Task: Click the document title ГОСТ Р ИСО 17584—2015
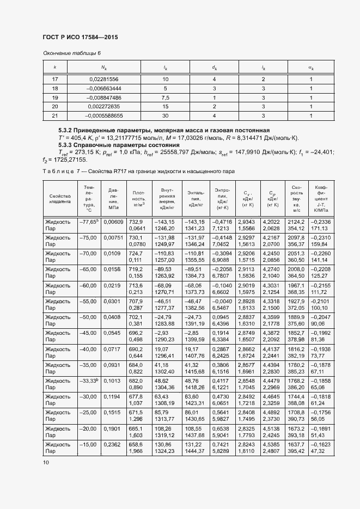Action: (x=80, y=37)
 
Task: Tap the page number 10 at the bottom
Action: (x=46, y=462)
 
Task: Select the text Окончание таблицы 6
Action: (x=72, y=53)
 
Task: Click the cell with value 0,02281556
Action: (x=103, y=79)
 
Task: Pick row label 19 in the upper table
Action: (x=55, y=97)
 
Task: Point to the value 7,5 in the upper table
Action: (x=166, y=97)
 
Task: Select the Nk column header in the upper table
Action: (x=103, y=68)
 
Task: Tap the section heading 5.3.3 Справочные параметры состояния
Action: (x=119, y=146)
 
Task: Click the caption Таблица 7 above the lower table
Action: (x=139, y=171)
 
